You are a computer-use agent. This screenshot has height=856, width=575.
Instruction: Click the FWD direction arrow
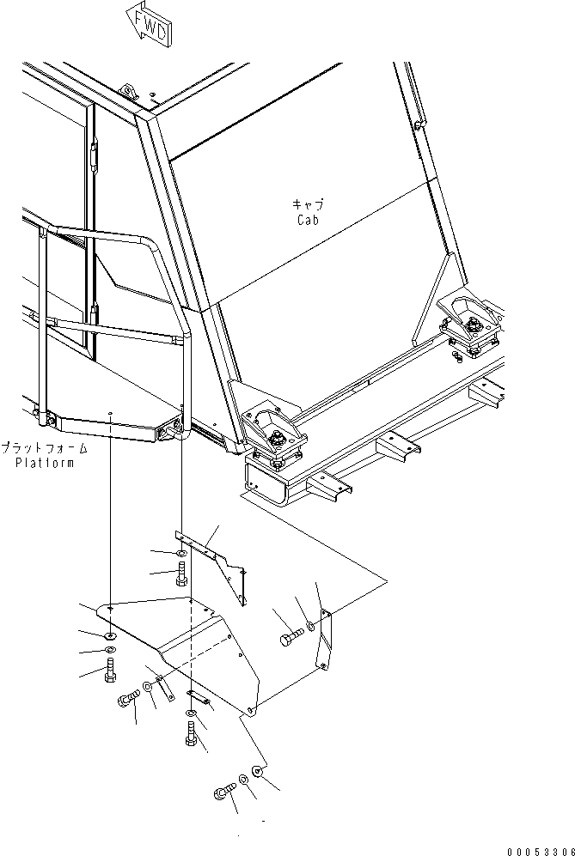pos(147,23)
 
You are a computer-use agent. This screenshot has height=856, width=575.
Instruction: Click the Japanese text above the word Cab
pos(307,205)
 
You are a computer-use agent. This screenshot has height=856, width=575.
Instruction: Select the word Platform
pos(45,463)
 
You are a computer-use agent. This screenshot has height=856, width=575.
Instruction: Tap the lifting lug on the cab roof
pos(129,92)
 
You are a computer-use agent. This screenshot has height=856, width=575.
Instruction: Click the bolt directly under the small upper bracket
pos(182,577)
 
